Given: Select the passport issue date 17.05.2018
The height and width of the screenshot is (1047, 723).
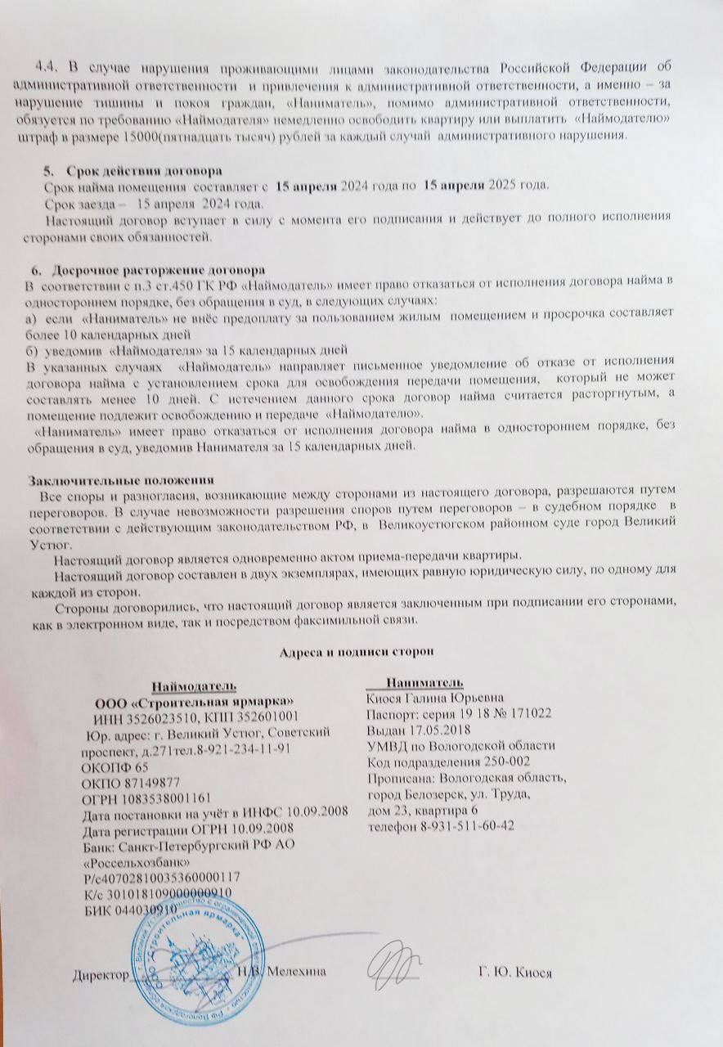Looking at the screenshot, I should point(441,730).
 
